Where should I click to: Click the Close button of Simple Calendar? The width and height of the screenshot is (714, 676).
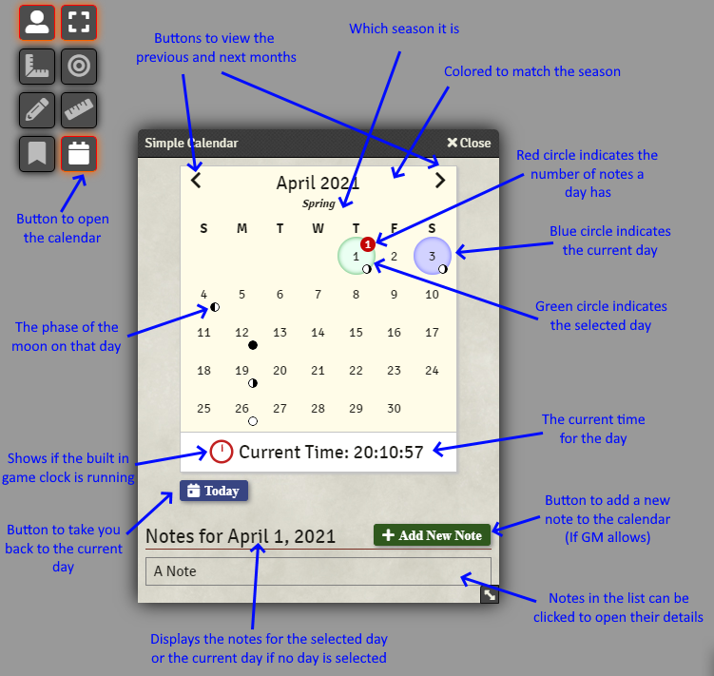click(x=469, y=143)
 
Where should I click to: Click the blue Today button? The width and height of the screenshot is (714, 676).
click(x=214, y=491)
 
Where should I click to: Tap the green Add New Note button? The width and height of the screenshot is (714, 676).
click(x=433, y=535)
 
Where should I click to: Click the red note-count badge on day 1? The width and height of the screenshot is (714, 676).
click(x=368, y=244)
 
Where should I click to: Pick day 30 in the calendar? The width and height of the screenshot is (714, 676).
click(x=394, y=408)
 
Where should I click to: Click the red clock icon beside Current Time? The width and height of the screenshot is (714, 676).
click(x=222, y=452)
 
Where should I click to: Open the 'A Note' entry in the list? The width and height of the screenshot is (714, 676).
click(x=318, y=571)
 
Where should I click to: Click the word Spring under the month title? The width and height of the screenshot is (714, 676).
click(x=318, y=203)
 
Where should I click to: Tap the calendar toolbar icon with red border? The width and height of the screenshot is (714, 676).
click(x=79, y=154)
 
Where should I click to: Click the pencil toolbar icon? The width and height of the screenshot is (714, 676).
click(x=36, y=110)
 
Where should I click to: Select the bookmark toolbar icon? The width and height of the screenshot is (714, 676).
click(x=36, y=154)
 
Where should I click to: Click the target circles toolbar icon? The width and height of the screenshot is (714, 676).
click(x=79, y=67)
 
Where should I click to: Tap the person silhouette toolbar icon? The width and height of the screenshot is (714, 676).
click(x=36, y=23)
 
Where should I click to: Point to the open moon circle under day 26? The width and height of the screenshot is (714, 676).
click(x=252, y=420)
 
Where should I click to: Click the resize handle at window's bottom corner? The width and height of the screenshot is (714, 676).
click(x=489, y=595)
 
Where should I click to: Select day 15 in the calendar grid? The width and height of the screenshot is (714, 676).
click(x=356, y=333)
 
